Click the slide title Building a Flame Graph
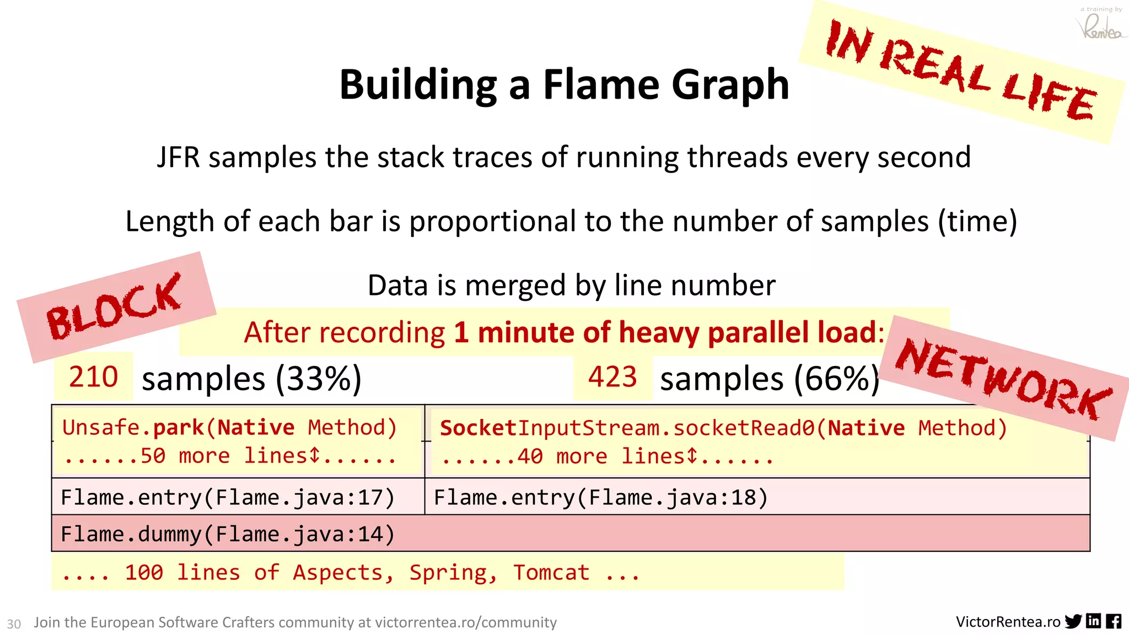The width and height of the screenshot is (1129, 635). coord(564,85)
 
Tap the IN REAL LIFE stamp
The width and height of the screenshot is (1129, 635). coord(961,71)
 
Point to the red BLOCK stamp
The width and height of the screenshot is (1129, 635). coord(115,306)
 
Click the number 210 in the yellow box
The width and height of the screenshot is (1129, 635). coord(93,377)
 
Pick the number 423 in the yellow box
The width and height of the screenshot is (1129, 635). coord(612,377)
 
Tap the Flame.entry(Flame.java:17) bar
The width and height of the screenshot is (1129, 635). coord(228,497)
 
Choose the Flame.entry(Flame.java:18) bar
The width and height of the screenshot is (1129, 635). coord(601,497)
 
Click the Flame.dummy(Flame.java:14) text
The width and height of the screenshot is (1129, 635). coord(228,534)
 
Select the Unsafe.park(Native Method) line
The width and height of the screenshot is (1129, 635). coord(229,428)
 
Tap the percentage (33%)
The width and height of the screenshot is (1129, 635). coord(319,379)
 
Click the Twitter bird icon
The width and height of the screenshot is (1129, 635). coord(1073,621)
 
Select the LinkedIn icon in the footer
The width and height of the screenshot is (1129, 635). coord(1094,621)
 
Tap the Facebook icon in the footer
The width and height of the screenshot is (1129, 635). coord(1114,621)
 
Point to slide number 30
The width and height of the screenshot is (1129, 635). coord(14,624)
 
